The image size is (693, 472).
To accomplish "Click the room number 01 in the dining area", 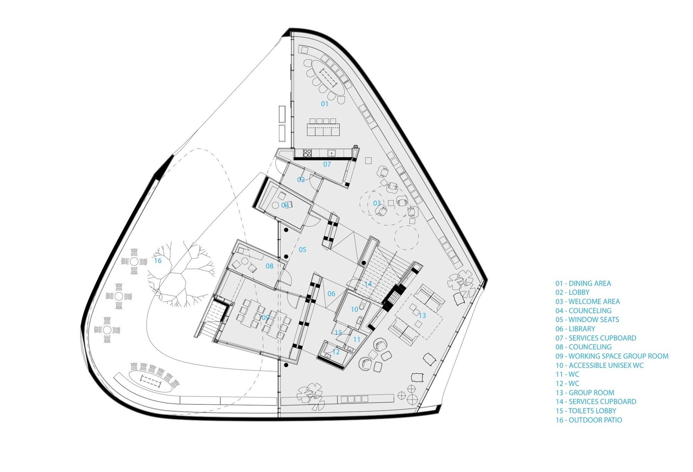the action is (x=324, y=104).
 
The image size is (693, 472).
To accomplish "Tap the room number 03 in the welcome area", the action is (x=377, y=203).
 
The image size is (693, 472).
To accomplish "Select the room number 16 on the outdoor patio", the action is (x=158, y=261).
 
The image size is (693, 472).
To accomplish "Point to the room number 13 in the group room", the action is (x=422, y=316).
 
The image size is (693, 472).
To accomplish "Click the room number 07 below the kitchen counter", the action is (x=327, y=164).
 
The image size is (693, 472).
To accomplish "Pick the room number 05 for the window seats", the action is (x=302, y=250).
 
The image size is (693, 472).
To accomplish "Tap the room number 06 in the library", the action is (x=331, y=294).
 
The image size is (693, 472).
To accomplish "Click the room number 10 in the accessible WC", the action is (x=354, y=309).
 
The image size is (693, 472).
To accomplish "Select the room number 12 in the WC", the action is (x=336, y=352).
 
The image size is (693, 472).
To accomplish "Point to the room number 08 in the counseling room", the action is (x=269, y=266).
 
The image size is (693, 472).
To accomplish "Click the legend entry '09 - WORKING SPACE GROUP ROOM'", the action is (x=612, y=356).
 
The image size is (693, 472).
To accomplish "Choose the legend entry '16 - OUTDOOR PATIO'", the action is (x=589, y=420).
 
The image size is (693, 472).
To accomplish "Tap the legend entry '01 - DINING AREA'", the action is (x=583, y=283).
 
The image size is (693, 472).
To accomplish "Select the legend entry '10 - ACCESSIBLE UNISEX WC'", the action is (x=599, y=365).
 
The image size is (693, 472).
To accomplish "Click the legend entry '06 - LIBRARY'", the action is (x=575, y=329).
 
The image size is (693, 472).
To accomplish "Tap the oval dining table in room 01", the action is (x=328, y=79).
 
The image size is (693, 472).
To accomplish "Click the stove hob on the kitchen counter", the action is (x=307, y=153).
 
